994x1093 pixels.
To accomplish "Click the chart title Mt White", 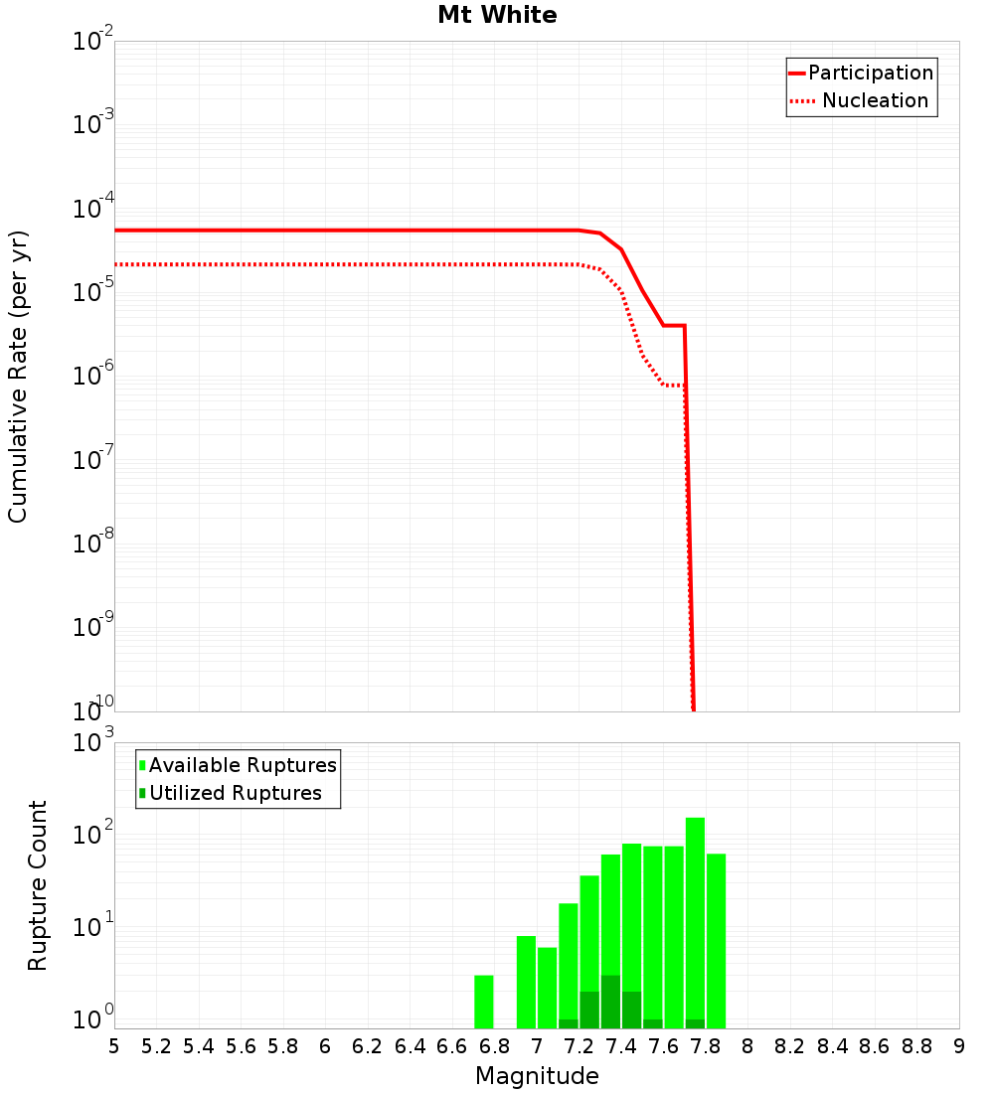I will click(497, 16).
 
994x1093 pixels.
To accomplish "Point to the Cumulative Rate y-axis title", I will click(18, 376).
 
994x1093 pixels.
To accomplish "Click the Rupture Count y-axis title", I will click(38, 884).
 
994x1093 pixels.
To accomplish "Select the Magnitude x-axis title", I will click(537, 1076).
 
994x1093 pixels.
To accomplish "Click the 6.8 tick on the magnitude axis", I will click(494, 1046).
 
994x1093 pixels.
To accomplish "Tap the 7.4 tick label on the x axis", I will click(621, 1046).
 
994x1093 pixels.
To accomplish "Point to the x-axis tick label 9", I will click(958, 1046).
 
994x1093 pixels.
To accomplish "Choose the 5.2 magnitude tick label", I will click(156, 1046).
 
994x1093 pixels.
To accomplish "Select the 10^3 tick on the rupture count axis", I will click(94, 742).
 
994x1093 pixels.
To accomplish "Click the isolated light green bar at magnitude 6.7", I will click(484, 1002).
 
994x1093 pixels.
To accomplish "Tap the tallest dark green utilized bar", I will click(610, 1002).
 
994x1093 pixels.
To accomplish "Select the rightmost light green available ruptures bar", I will click(716, 940).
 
